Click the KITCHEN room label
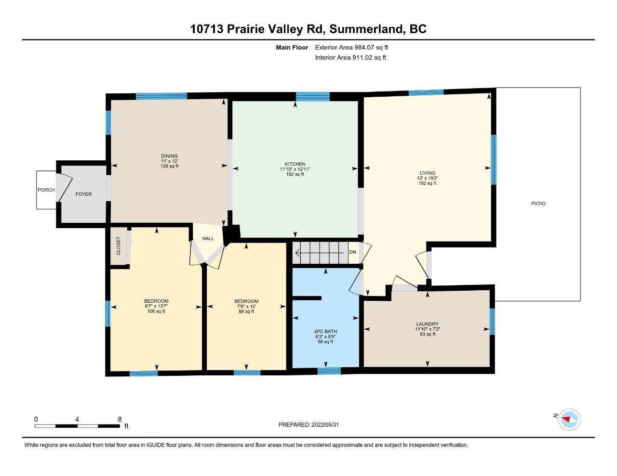pyautogui.click(x=295, y=164)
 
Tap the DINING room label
pyautogui.click(x=169, y=156)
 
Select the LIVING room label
pyautogui.click(x=428, y=173)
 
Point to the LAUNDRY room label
pyautogui.click(x=428, y=324)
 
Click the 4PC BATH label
pyautogui.click(x=325, y=332)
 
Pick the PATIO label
pyautogui.click(x=538, y=204)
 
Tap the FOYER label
pyautogui.click(x=83, y=194)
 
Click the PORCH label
pyautogui.click(x=46, y=190)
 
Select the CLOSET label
pyautogui.click(x=119, y=246)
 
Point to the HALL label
pyautogui.click(x=208, y=239)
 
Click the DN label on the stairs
pyautogui.click(x=353, y=252)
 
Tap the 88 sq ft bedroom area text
pyautogui.click(x=246, y=311)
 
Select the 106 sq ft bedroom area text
pyautogui.click(x=156, y=311)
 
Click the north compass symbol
pyautogui.click(x=569, y=420)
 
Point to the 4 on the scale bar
pyautogui.click(x=77, y=419)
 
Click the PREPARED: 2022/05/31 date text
pyautogui.click(x=308, y=425)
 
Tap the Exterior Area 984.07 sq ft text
pyautogui.click(x=351, y=47)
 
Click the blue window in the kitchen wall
pyautogui.click(x=313, y=97)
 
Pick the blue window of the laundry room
pyautogui.click(x=492, y=322)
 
